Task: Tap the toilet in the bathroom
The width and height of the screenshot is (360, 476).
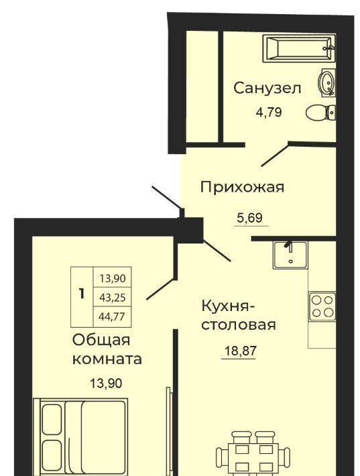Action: tap(320, 113)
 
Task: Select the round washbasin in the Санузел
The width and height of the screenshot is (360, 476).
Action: tap(326, 82)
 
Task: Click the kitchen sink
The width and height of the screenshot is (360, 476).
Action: tap(290, 255)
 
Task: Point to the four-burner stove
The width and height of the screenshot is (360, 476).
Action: tap(322, 306)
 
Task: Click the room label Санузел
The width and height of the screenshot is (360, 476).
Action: tap(267, 88)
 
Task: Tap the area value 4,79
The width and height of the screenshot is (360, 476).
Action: tap(269, 113)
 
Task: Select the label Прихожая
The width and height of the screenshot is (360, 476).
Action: tap(242, 186)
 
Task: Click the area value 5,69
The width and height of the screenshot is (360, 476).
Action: tap(249, 218)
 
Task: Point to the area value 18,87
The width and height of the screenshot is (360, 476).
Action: tap(241, 351)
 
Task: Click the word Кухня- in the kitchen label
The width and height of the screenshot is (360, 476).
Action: tap(228, 306)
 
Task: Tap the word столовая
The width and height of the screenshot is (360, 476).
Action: tap(239, 325)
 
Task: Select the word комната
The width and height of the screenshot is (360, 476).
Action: tap(107, 359)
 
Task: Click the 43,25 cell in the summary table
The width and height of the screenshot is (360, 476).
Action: tap(113, 298)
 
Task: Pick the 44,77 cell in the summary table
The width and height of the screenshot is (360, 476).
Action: tap(112, 317)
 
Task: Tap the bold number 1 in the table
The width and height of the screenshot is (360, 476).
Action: tap(81, 294)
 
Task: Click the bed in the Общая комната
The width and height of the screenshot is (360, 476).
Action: tap(80, 437)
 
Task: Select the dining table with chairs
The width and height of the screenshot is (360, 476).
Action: tap(253, 453)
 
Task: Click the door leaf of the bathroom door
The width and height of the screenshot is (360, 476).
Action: tap(275, 154)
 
